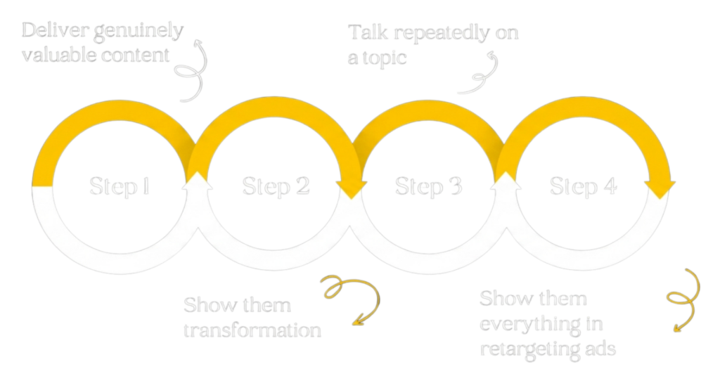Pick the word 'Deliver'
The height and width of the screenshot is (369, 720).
click(x=48, y=30)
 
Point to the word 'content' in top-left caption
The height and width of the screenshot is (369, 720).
click(x=137, y=55)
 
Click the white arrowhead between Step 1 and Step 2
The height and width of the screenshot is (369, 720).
click(x=198, y=181)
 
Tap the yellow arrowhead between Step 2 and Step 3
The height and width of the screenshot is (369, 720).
click(x=351, y=188)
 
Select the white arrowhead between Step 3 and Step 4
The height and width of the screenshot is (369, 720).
click(x=506, y=181)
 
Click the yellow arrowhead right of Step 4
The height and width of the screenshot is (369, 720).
click(x=660, y=188)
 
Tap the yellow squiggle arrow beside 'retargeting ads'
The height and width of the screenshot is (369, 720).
click(x=683, y=299)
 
